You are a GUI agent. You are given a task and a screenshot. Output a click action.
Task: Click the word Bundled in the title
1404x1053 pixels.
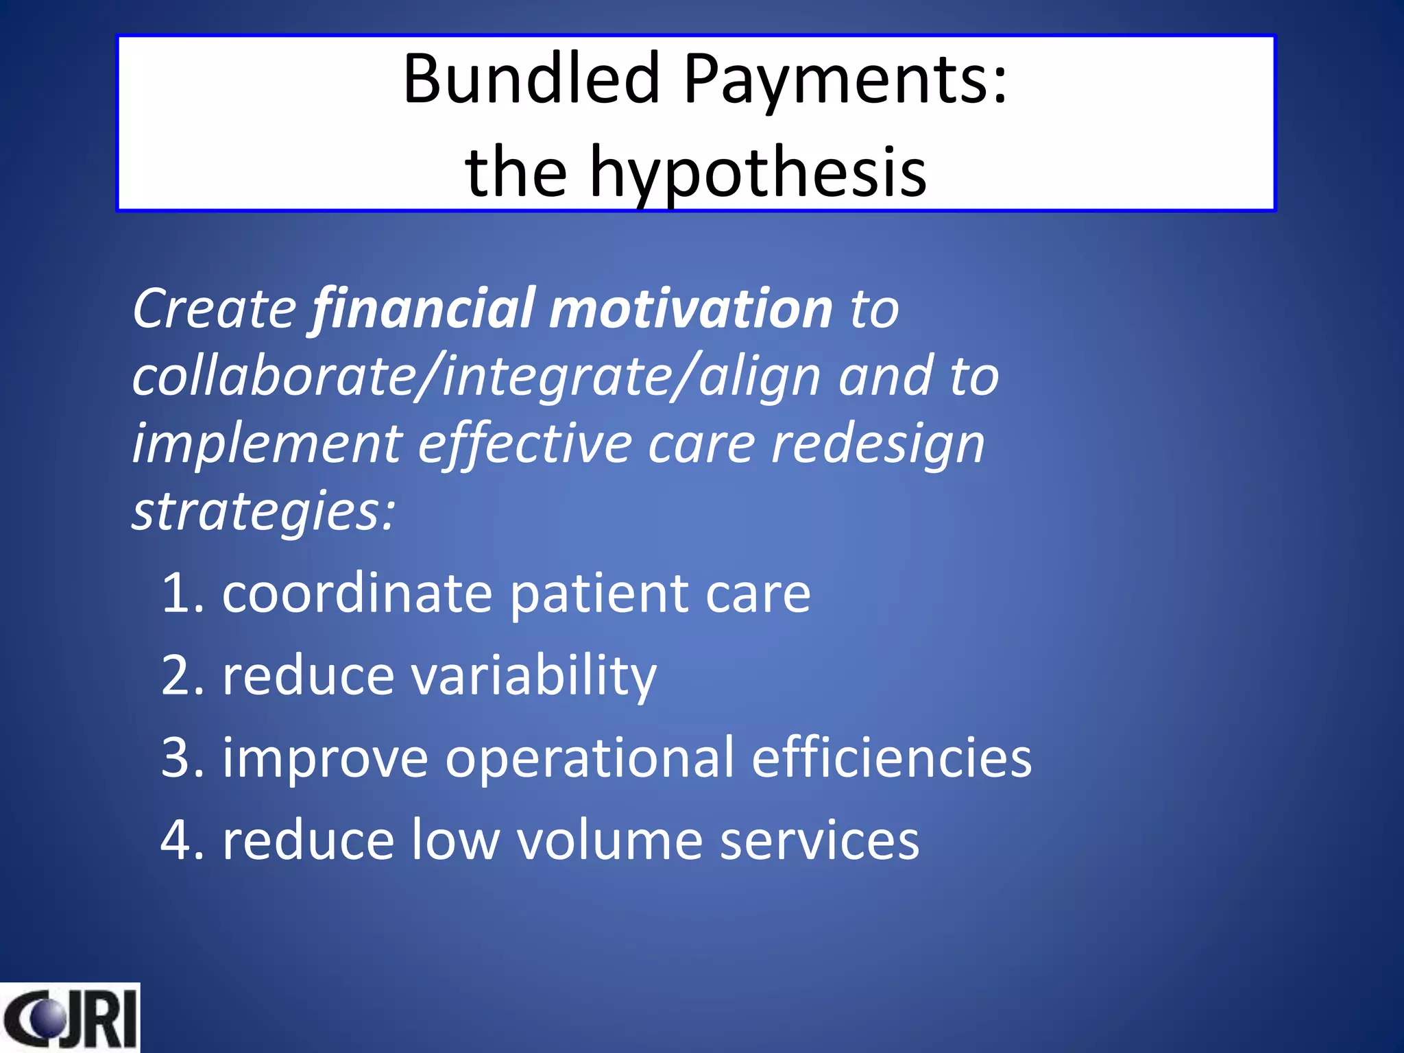pos(531,79)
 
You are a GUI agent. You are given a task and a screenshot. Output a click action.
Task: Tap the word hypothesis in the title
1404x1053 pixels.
pos(758,173)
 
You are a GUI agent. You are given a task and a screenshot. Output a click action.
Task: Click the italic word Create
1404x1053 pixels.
pos(214,309)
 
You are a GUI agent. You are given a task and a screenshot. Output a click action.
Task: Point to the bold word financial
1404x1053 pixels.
pos(423,309)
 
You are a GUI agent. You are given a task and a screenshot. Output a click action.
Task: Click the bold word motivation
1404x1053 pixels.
pos(690,309)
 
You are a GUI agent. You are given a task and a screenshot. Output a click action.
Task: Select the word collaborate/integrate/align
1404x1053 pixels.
pos(476,377)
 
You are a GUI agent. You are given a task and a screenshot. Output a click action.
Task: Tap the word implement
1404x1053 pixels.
pos(267,444)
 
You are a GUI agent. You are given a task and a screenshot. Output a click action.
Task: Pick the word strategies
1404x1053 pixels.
pos(263,511)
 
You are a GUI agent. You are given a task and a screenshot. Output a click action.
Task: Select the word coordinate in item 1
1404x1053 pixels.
pos(357,593)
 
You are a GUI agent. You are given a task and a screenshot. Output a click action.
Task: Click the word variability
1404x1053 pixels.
pos(533,676)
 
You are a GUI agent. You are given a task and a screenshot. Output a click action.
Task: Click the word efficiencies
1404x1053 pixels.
pos(891,758)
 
